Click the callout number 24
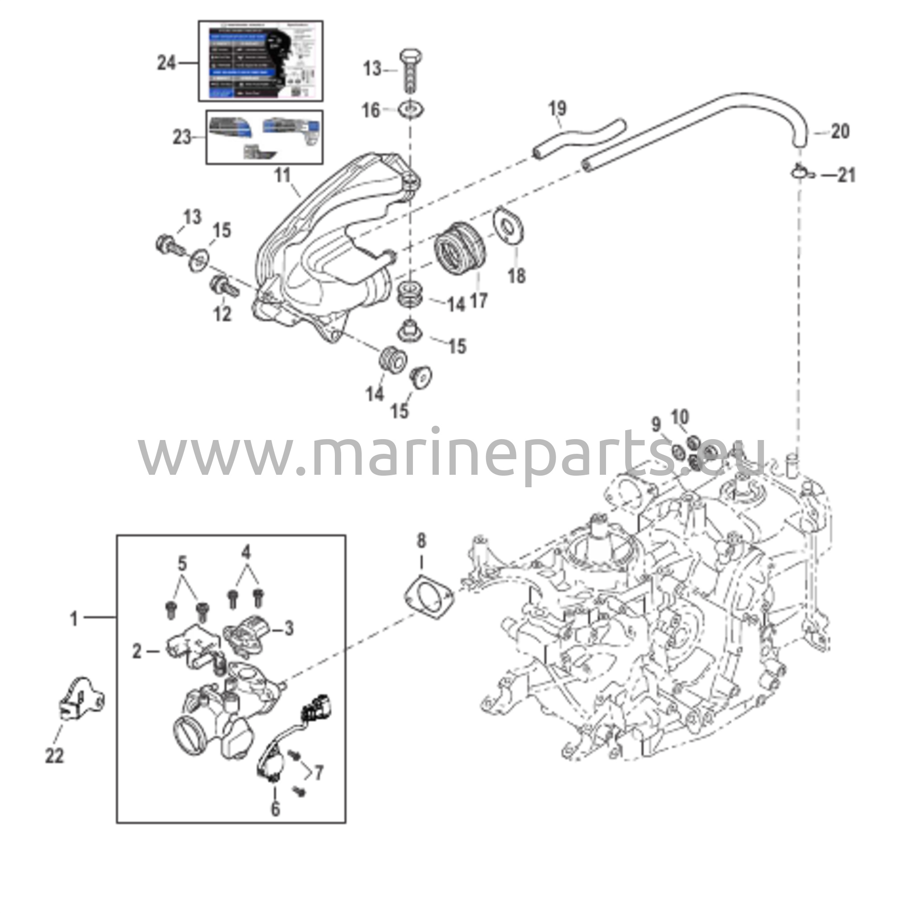[x=166, y=63]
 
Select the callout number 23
[x=182, y=137]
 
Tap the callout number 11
[x=282, y=176]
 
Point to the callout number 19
[x=557, y=109]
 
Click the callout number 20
[x=840, y=132]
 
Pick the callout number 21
[x=846, y=176]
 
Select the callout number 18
[x=516, y=276]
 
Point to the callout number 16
[x=371, y=111]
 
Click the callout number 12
[x=223, y=314]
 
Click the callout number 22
[x=54, y=756]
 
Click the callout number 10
[x=680, y=417]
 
